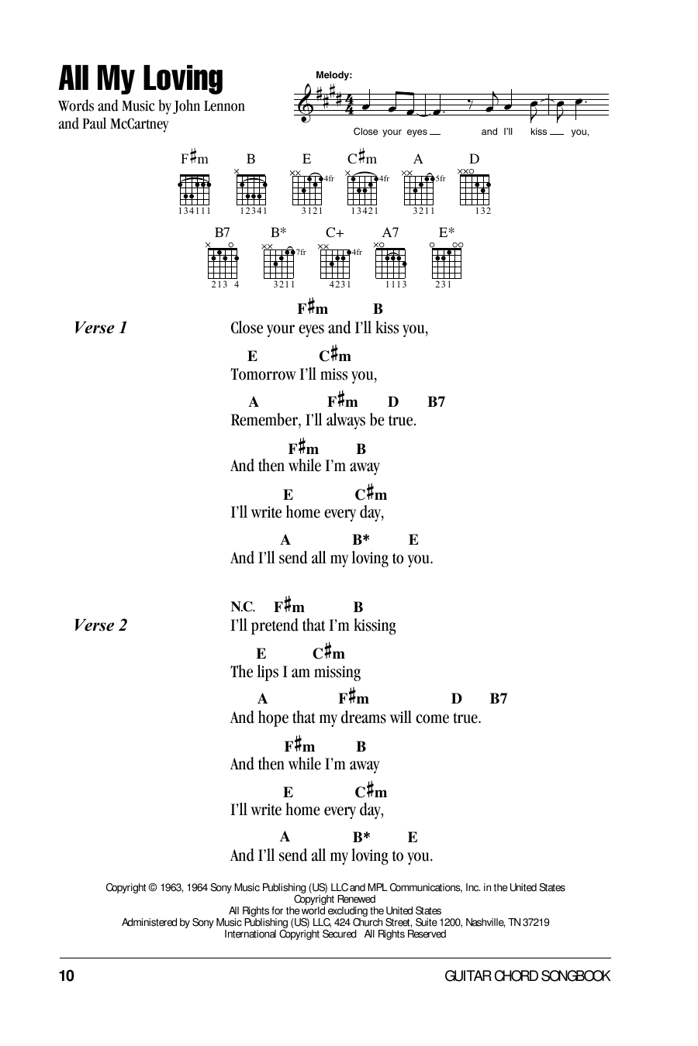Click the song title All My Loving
click(x=140, y=80)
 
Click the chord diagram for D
click(x=474, y=188)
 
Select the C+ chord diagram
click(x=335, y=263)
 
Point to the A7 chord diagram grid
click(x=390, y=263)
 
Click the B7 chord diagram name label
click(x=223, y=232)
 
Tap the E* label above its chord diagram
click(x=447, y=232)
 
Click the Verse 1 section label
click(x=100, y=328)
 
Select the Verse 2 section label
click(x=100, y=625)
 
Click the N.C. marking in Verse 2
click(x=243, y=607)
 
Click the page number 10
click(x=66, y=976)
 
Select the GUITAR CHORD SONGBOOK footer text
click(x=527, y=976)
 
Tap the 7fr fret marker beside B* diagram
click(x=301, y=252)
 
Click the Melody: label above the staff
click(x=334, y=75)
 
